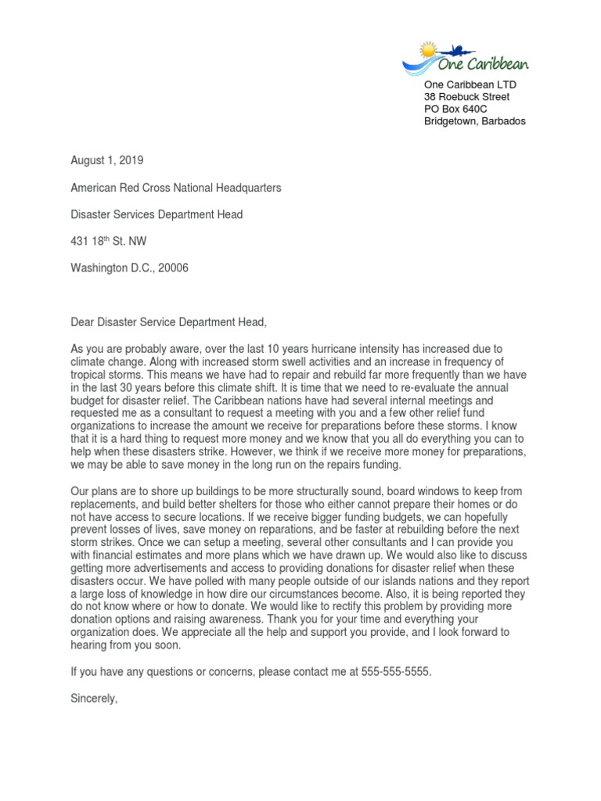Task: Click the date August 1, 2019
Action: pyautogui.click(x=107, y=160)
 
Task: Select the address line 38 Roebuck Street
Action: pyautogui.click(x=466, y=97)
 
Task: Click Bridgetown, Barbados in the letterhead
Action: pyautogui.click(x=475, y=121)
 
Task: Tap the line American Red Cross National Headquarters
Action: pyautogui.click(x=176, y=188)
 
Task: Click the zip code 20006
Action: pyautogui.click(x=172, y=268)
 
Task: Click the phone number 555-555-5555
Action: pyautogui.click(x=396, y=672)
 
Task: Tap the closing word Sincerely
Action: pyautogui.click(x=93, y=699)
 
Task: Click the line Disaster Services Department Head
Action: pyautogui.click(x=157, y=214)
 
